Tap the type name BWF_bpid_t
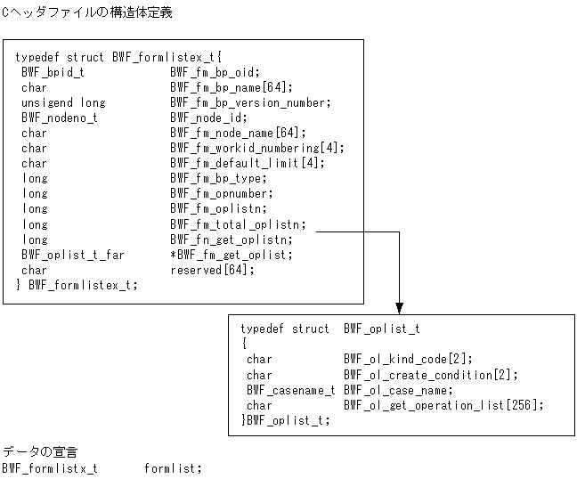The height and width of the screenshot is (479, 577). [53, 72]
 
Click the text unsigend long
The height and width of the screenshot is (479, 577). [63, 102]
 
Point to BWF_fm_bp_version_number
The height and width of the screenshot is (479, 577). [250, 102]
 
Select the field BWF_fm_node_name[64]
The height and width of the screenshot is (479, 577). [231, 133]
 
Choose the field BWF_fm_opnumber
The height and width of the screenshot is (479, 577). [222, 193]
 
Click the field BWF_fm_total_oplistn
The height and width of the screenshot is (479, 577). [238, 224]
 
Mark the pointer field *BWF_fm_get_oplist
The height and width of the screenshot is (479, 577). [232, 255]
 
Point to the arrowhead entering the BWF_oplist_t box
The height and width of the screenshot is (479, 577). [399, 306]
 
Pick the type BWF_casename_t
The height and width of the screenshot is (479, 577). [291, 390]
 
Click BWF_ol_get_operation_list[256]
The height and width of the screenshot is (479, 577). [443, 405]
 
